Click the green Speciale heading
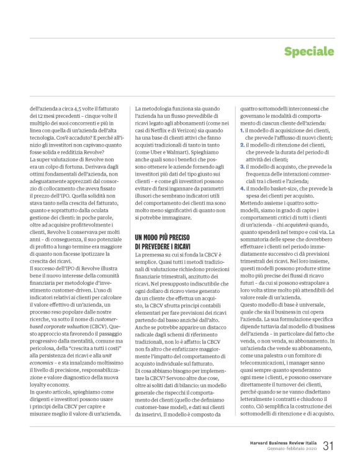tap(309, 51)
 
